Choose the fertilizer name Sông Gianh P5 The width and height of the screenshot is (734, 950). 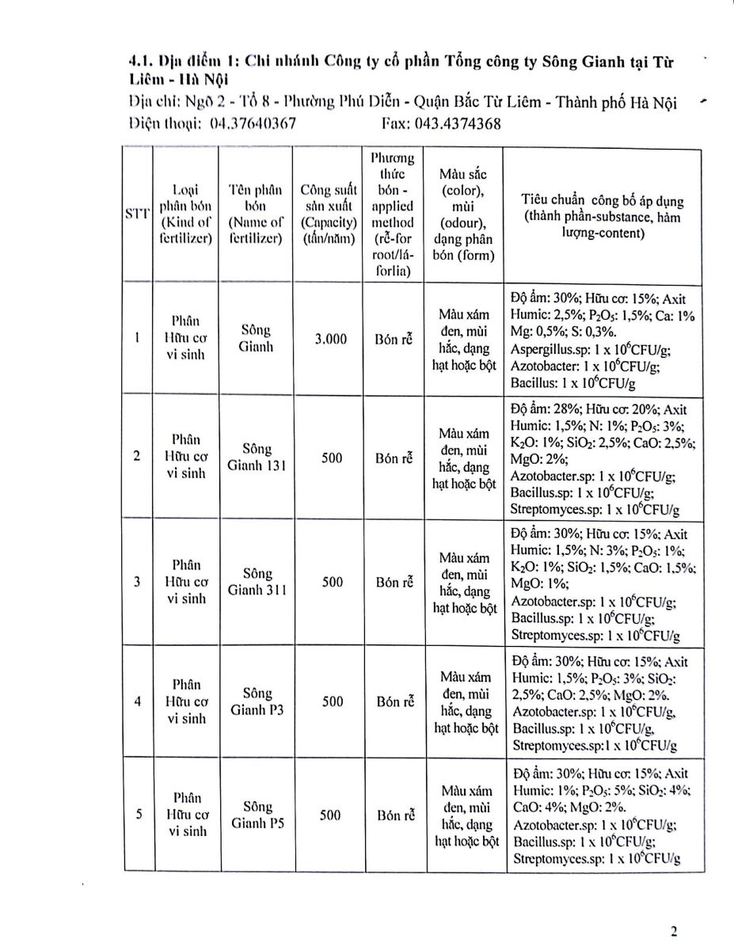point(257,815)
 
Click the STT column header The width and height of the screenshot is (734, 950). point(136,215)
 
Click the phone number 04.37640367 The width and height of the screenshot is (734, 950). point(253,124)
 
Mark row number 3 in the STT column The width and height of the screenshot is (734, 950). point(137,582)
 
